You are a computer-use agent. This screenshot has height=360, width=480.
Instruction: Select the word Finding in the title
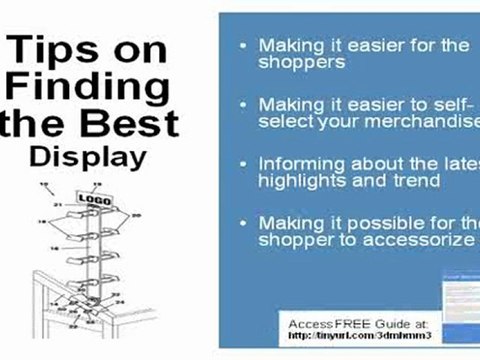tap(90, 89)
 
